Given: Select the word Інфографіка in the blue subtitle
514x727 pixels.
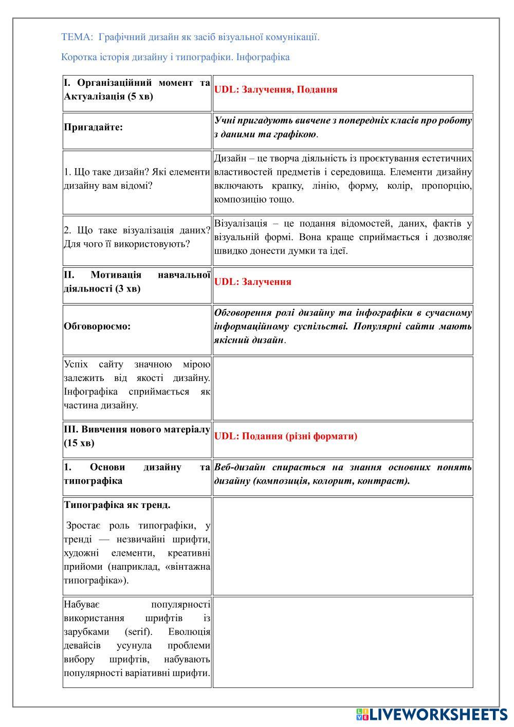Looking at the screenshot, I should point(263,57).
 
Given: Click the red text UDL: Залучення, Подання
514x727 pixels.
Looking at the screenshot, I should point(276,89).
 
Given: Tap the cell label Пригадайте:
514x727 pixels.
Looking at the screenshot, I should point(94,128).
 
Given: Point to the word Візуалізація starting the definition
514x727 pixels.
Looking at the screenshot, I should point(241,224).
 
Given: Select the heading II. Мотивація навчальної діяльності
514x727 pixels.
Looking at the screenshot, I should point(137,282).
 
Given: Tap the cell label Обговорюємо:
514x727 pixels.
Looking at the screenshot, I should point(97,326).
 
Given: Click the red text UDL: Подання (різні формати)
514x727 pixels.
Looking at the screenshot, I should point(285,436).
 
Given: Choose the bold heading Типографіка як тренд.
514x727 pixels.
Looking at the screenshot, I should point(117,505).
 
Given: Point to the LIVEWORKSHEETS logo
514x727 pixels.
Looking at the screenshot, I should point(432,714).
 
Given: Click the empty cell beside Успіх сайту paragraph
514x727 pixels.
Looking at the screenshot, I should point(343,388).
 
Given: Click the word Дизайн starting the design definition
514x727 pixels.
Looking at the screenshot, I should point(229,158).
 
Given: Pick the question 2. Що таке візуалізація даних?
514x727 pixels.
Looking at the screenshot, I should point(137,230).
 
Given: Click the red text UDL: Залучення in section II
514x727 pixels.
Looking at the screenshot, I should point(252,282).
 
